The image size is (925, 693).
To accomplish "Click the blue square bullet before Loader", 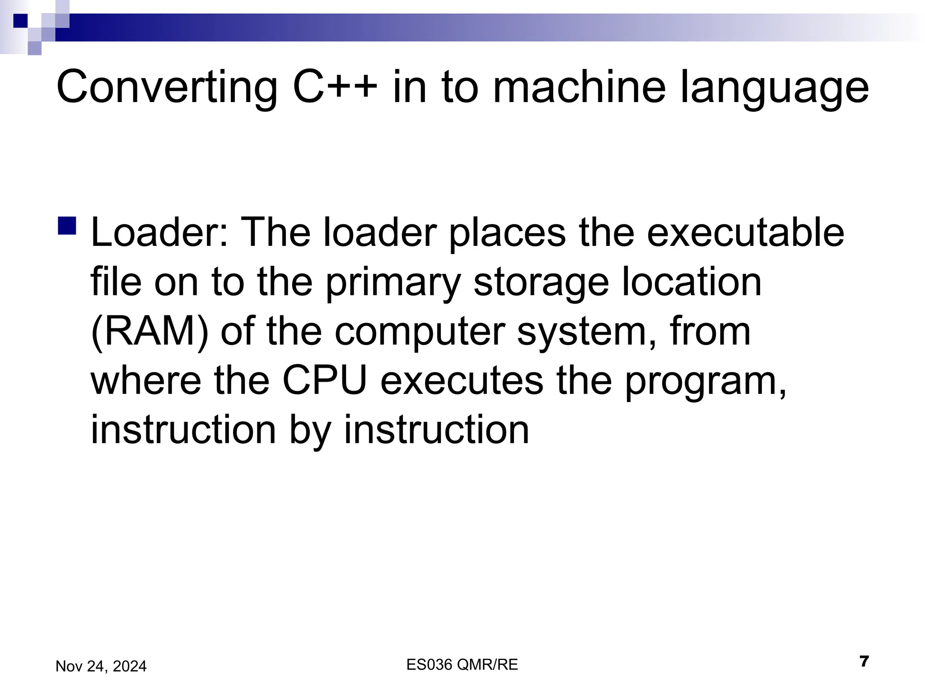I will point(67,225).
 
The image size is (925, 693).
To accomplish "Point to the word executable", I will point(745,233).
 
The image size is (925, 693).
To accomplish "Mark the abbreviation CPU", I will point(325,381).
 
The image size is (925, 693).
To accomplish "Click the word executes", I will point(462,381).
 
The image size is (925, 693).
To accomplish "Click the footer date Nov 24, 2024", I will point(101,666).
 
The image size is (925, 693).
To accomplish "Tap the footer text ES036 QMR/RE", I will point(462,665).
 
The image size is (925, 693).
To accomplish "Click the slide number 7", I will point(864,662).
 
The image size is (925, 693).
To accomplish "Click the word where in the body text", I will point(146,381).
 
